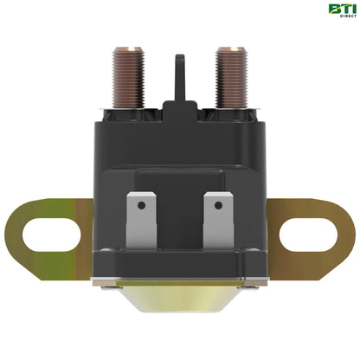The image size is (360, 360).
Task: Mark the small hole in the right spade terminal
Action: (x=217, y=206)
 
